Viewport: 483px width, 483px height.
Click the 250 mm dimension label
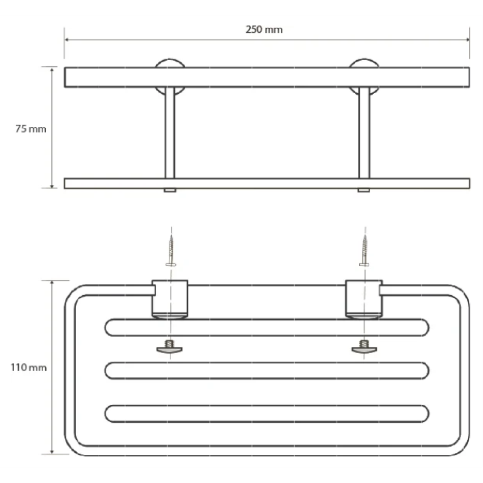tap(264, 29)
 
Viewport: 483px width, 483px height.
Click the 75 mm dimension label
tap(31, 129)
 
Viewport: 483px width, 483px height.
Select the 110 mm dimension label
tap(28, 368)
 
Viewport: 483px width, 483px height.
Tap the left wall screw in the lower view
tap(171, 250)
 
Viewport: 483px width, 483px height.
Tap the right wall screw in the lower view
tap(364, 250)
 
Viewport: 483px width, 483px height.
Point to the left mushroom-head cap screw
tap(170, 346)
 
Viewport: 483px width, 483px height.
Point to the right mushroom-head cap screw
tap(364, 346)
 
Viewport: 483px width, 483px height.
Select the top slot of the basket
tap(267, 327)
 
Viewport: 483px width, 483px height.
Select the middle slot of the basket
tap(267, 370)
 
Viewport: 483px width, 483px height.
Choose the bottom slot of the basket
tap(267, 413)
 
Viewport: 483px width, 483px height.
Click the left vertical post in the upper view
tap(170, 133)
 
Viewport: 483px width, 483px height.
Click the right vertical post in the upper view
tap(364, 133)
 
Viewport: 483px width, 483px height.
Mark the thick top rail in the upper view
tap(267, 77)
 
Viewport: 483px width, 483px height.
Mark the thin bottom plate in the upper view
tap(267, 183)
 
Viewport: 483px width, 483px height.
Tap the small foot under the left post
tap(170, 190)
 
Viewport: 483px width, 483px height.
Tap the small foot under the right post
tap(364, 190)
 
